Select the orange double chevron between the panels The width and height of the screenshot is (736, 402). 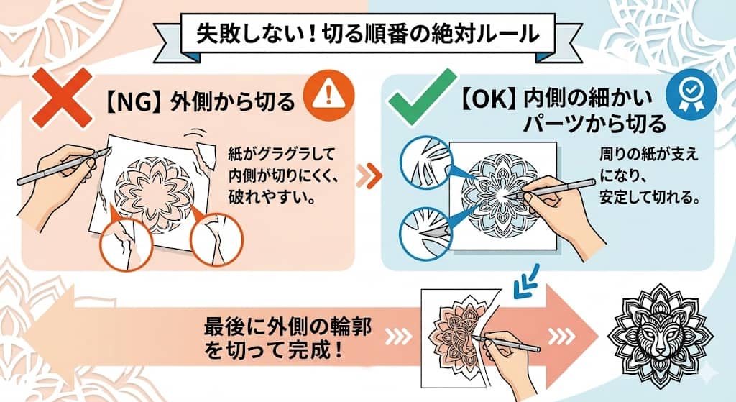(x=367, y=173)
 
